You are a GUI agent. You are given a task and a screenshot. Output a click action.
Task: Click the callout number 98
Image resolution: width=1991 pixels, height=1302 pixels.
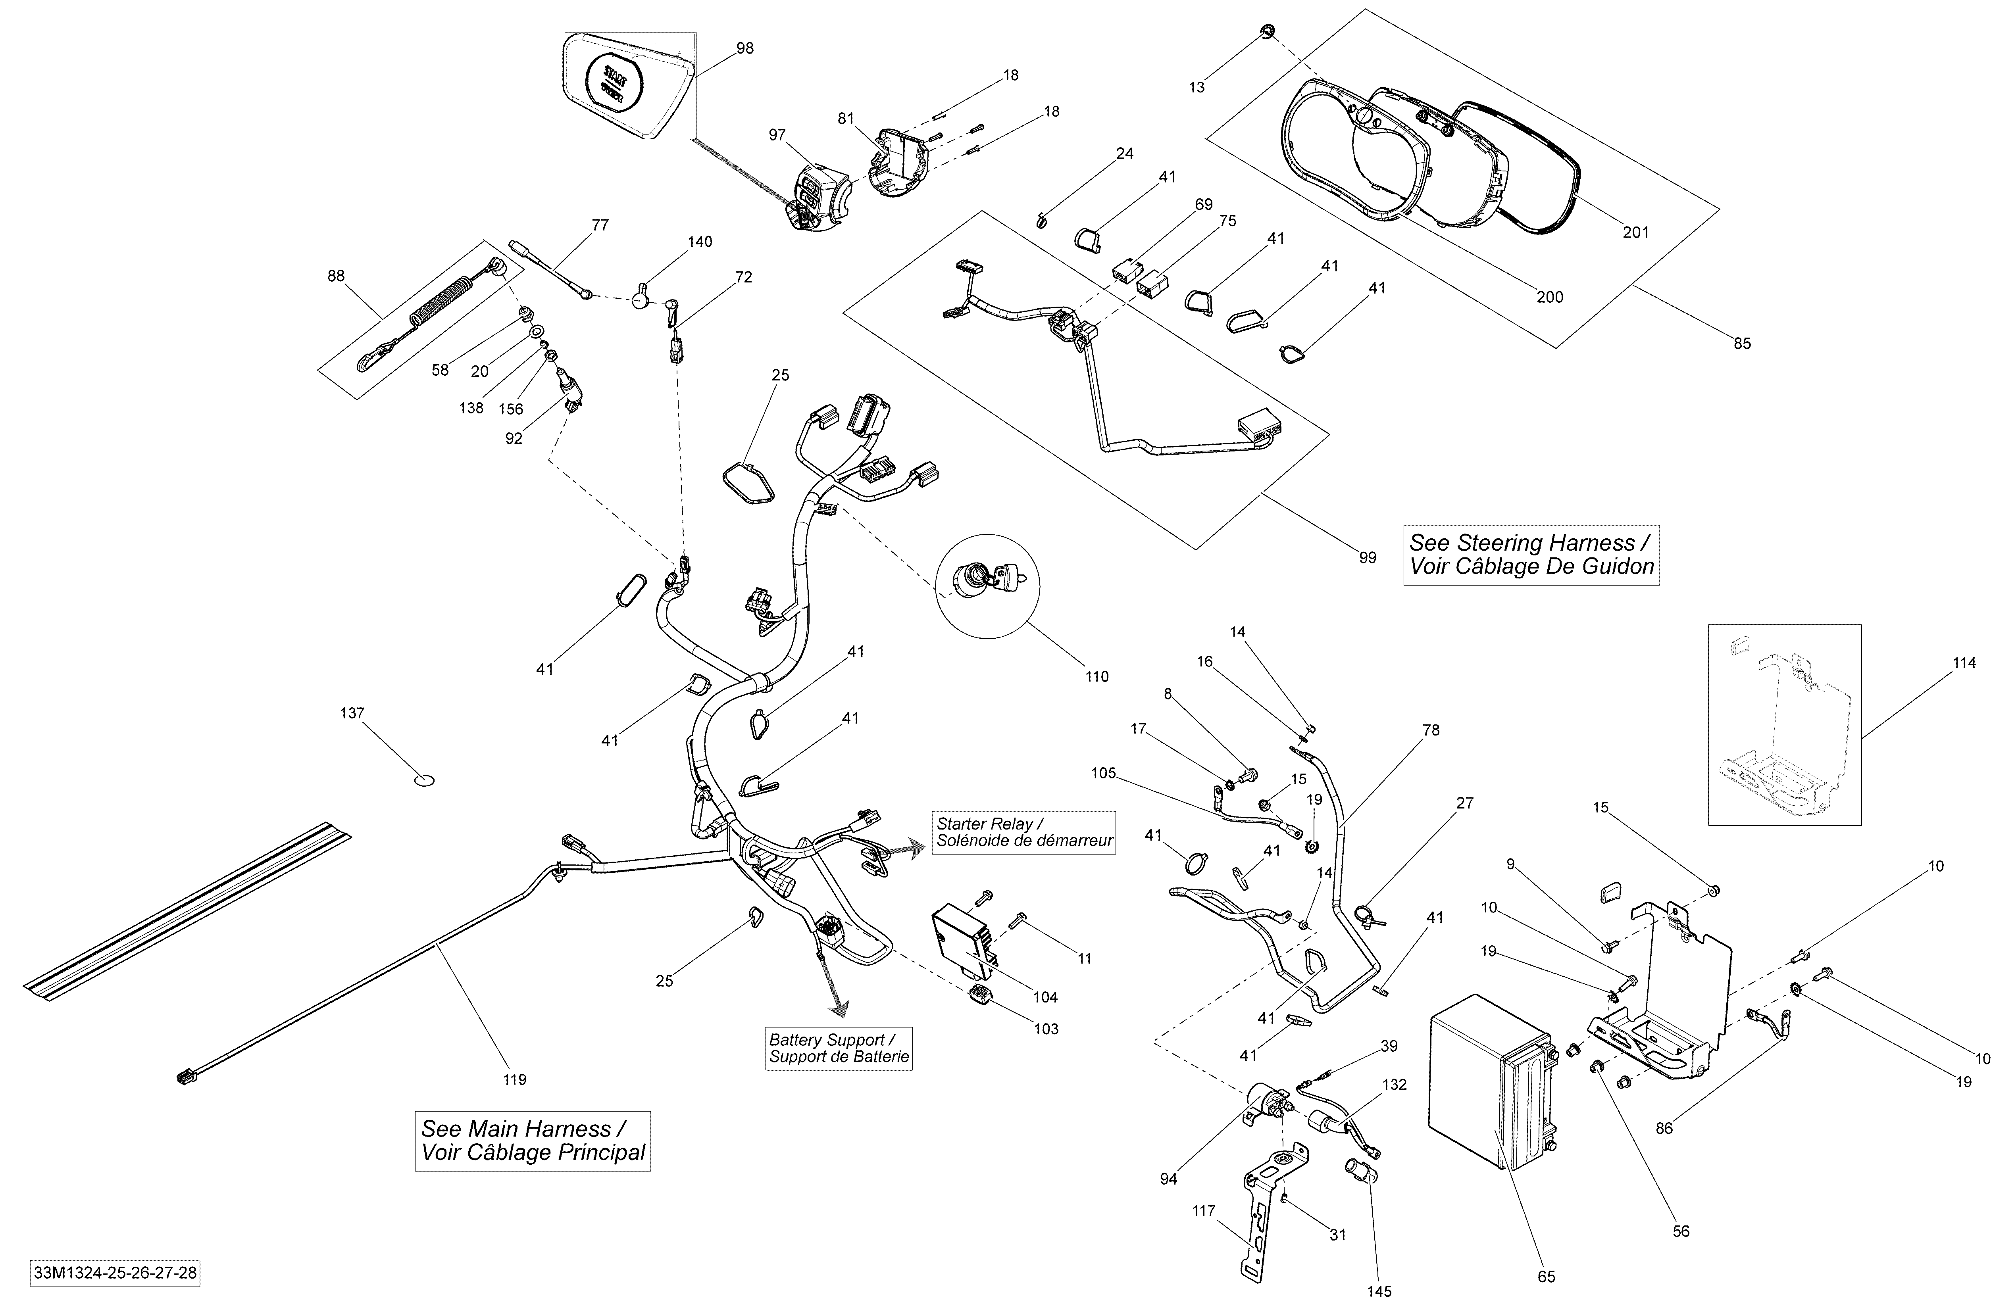pyautogui.click(x=744, y=48)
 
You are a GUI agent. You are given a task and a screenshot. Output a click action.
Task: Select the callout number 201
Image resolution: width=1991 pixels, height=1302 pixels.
pyautogui.click(x=1635, y=232)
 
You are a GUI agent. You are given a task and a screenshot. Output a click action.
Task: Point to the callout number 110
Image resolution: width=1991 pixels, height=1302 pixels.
pyautogui.click(x=1097, y=676)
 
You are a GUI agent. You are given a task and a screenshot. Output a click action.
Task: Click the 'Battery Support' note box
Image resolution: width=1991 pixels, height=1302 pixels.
pyautogui.click(x=838, y=1048)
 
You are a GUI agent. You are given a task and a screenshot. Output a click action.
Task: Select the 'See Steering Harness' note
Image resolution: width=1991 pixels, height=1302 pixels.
pyautogui.click(x=1531, y=555)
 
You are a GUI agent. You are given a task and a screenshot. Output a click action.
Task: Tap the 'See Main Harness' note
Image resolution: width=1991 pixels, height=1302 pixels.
pyautogui.click(x=533, y=1141)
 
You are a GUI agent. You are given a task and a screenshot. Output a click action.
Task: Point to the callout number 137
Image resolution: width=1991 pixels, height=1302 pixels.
pyautogui.click(x=352, y=713)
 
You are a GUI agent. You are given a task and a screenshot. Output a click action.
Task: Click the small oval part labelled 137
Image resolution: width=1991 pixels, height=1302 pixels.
pyautogui.click(x=424, y=781)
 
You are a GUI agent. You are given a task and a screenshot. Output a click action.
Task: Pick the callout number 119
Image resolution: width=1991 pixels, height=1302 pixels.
pyautogui.click(x=514, y=1079)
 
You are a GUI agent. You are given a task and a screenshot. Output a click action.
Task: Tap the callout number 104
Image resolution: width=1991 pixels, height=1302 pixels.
pyautogui.click(x=1045, y=997)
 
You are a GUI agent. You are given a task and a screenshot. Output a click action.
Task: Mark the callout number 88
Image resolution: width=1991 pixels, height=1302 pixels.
pyautogui.click(x=335, y=276)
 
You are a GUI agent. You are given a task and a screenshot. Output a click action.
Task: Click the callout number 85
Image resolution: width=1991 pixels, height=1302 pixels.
pyautogui.click(x=1742, y=344)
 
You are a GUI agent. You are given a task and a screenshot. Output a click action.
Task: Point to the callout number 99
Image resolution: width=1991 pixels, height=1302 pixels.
pyautogui.click(x=1367, y=558)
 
